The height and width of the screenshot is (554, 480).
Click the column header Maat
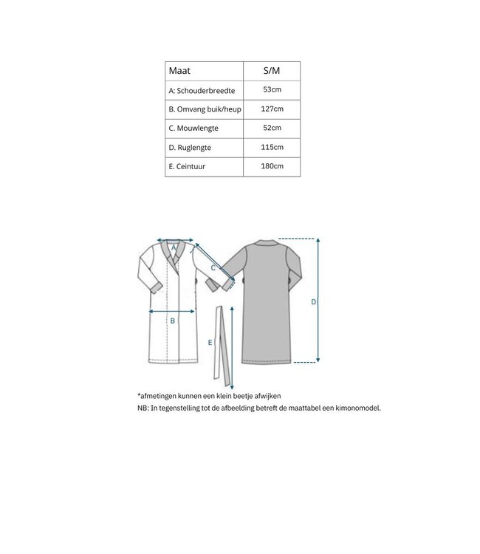179,72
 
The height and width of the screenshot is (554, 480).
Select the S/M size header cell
272,72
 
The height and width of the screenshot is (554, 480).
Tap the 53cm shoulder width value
272,90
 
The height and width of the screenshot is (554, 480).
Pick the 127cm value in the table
272,109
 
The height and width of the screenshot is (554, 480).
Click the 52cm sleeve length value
272,129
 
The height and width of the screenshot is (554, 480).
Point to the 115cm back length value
272,148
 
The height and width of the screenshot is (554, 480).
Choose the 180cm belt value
272,167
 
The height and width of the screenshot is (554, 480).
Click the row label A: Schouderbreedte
202,90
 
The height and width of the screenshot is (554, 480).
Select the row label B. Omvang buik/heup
205,109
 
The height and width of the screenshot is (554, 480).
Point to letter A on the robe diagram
174,248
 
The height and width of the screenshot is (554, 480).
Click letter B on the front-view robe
172,321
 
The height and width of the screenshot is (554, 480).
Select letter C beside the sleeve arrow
213,268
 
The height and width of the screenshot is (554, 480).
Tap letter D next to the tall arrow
313,302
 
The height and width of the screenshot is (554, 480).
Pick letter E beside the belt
210,343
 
